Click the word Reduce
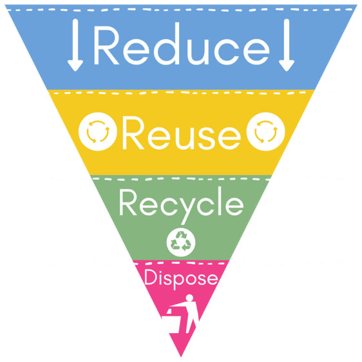coord(182,44)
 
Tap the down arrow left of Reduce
coord(75,45)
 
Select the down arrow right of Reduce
coord(287,45)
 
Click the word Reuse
coord(182,133)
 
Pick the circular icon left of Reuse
coord(98,131)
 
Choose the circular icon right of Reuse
coord(266,131)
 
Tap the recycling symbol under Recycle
coord(181,242)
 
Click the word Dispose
coord(181,279)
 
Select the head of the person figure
coord(189,298)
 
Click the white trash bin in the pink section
coord(171,322)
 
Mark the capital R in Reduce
coord(106,46)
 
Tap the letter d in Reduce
coord(167,44)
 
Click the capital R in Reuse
coord(133,133)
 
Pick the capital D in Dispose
coord(151,277)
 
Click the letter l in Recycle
coord(220,201)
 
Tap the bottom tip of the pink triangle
coord(181,357)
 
